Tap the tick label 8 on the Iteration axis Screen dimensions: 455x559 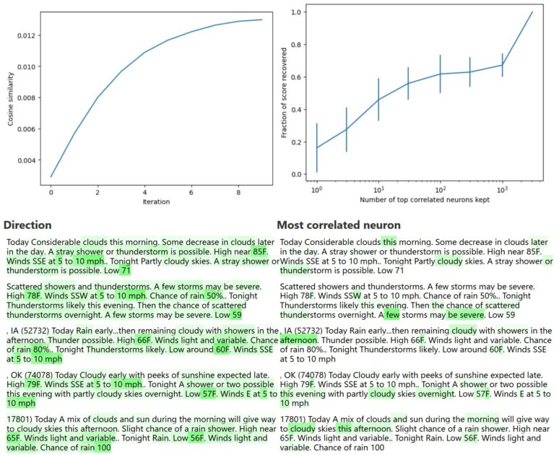(x=239, y=192)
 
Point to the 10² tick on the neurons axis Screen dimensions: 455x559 (x=440, y=188)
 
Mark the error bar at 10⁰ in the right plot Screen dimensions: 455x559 (x=316, y=148)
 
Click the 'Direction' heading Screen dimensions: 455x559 (x=28, y=225)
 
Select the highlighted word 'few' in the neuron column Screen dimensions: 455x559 (x=392, y=315)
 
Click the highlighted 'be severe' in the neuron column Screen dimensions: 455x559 (x=465, y=315)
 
